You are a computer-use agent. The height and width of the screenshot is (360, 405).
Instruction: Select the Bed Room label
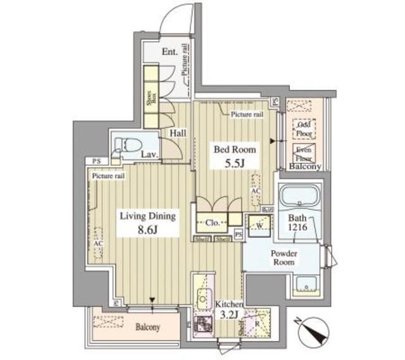[x=234, y=150]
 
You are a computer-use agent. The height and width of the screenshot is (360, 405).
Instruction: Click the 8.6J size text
[x=148, y=230]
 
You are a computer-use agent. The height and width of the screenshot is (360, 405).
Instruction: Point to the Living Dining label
[x=148, y=216]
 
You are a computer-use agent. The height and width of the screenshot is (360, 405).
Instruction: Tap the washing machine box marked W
[x=258, y=223]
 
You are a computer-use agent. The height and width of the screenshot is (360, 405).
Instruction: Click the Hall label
[x=178, y=133]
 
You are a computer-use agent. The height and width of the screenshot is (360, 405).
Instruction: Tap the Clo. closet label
[x=211, y=223]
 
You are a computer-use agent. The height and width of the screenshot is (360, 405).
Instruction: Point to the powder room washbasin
[x=308, y=286]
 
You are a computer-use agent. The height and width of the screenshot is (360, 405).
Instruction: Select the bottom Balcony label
[x=147, y=327]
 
